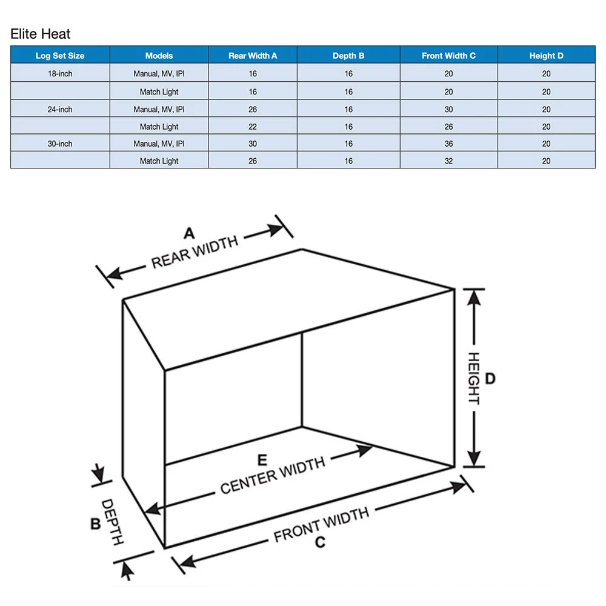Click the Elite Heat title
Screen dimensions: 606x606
pyautogui.click(x=41, y=34)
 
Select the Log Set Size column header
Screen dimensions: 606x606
pyautogui.click(x=60, y=56)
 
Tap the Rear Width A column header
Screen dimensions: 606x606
pyautogui.click(x=253, y=56)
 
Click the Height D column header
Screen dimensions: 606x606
pyautogui.click(x=546, y=56)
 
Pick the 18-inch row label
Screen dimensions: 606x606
pyautogui.click(x=60, y=74)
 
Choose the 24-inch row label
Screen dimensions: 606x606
pyautogui.click(x=60, y=110)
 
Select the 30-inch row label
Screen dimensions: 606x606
pyautogui.click(x=60, y=144)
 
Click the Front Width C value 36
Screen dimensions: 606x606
pyautogui.click(x=448, y=144)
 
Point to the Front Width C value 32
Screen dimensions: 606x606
pyautogui.click(x=448, y=161)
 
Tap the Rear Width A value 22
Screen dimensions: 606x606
pyautogui.click(x=253, y=127)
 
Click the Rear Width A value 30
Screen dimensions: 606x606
pyautogui.click(x=253, y=144)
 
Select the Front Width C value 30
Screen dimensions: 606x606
pyautogui.click(x=448, y=110)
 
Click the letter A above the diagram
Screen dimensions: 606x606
pyautogui.click(x=190, y=233)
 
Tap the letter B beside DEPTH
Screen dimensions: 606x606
pyautogui.click(x=96, y=524)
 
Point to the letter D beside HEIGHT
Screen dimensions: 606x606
pyautogui.click(x=490, y=379)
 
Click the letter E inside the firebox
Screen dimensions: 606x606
pyautogui.click(x=262, y=459)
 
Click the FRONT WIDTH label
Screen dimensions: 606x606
pyautogui.click(x=321, y=525)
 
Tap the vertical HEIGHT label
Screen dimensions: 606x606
pyautogui.click(x=473, y=379)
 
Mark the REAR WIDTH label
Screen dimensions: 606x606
pyautogui.click(x=195, y=252)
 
